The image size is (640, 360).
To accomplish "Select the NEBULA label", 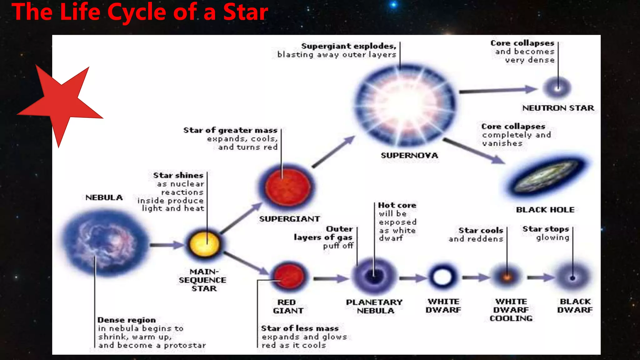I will pos(104,197).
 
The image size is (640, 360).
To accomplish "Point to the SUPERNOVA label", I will pos(409,155).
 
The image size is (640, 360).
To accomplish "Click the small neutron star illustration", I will pos(557,88).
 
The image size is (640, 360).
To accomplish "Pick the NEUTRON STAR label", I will pos(558,108).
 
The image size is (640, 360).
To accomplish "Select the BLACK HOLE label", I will pos(545,210).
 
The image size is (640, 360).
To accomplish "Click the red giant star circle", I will pos(288,277).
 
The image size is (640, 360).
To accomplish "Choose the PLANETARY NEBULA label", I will pos(374,307).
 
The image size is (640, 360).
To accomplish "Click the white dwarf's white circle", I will pos(442,277).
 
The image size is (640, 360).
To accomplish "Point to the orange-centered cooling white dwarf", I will pos(507,277).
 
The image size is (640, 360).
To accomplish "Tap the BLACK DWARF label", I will pos(575,306).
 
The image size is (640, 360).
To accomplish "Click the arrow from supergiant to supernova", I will pos(333,152).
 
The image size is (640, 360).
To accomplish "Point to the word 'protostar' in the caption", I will pos(185,345).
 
